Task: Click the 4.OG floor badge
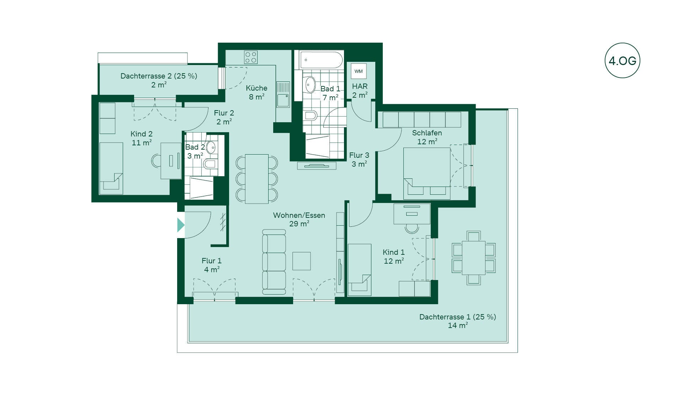[x=622, y=60]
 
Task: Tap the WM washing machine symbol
[x=359, y=71]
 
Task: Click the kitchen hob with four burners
[x=251, y=57]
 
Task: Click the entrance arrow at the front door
[x=181, y=225]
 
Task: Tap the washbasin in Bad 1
[x=310, y=85]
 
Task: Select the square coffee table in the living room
[x=302, y=261]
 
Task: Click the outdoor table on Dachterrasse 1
[x=473, y=258]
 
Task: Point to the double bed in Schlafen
[x=427, y=173]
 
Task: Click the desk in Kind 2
[x=171, y=161]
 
